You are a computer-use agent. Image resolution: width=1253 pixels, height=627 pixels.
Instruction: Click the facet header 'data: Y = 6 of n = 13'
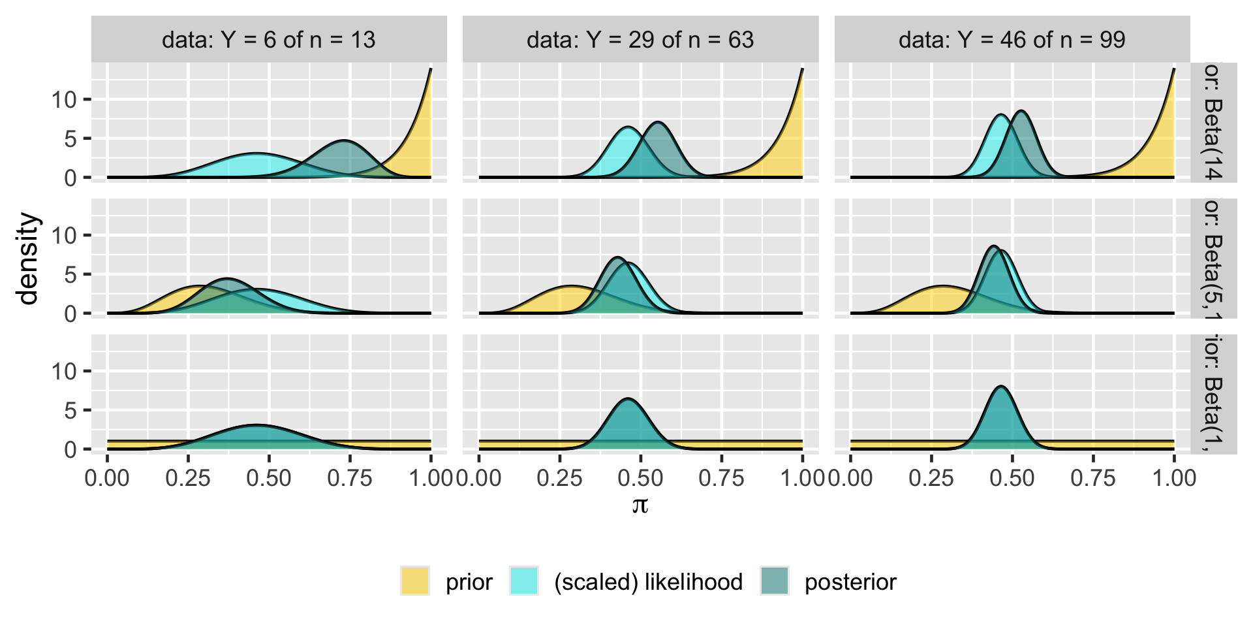pos(269,40)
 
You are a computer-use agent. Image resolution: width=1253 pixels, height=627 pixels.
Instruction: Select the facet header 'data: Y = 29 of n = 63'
pos(640,40)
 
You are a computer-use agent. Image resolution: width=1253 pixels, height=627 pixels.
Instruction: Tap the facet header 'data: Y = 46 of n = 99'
pos(1012,40)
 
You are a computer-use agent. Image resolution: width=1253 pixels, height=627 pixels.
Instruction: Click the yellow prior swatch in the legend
pos(415,581)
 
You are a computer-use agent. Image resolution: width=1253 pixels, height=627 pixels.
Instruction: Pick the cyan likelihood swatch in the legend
pos(524,581)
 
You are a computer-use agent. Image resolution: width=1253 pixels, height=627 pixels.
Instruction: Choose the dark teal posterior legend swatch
pos(775,581)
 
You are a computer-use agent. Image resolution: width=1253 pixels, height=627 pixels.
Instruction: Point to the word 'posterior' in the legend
pos(850,582)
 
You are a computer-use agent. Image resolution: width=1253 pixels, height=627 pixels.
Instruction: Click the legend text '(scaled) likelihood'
pos(648,582)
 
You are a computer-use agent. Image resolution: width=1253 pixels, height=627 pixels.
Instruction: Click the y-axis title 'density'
pos(29,259)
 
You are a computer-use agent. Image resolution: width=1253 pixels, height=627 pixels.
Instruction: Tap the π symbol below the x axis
pos(640,505)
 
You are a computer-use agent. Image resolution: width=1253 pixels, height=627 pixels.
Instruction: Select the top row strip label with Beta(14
pos(1213,122)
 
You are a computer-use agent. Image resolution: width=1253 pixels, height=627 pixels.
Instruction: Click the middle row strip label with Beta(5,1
pos(1213,259)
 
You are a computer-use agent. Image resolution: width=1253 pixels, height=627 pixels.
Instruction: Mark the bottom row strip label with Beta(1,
pos(1213,394)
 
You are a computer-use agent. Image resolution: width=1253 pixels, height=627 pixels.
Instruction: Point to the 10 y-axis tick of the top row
pos(65,99)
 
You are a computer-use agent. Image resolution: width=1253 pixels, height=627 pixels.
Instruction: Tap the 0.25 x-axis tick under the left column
pos(188,478)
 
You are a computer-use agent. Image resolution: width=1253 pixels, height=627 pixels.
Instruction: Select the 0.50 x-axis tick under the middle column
pos(640,478)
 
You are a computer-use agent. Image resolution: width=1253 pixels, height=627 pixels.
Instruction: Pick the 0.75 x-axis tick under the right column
pos(1093,478)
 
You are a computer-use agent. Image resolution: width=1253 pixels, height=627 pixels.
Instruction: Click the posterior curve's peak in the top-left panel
pos(345,140)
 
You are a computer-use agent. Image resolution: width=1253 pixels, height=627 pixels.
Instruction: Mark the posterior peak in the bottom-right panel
pos(1000,387)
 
